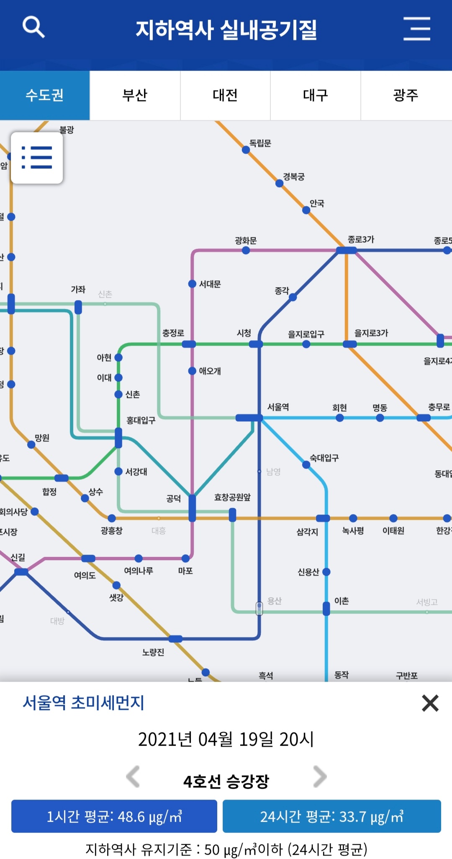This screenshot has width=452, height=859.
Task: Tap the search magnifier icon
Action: click(x=33, y=27)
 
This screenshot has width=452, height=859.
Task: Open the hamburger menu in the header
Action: click(x=416, y=29)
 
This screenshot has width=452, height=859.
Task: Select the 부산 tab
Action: click(x=135, y=95)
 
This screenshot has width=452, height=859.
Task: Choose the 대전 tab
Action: click(x=225, y=95)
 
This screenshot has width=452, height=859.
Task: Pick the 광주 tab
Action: click(x=406, y=95)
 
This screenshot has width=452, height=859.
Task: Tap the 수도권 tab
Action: click(x=45, y=95)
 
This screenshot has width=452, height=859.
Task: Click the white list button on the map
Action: click(x=37, y=158)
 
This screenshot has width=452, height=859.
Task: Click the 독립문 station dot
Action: click(x=246, y=150)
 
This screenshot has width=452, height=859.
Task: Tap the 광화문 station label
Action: click(x=246, y=240)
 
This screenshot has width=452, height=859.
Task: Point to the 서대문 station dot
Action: click(x=192, y=284)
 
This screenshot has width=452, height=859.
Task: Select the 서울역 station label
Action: click(x=278, y=407)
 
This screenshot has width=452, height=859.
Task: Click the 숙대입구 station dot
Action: click(x=306, y=464)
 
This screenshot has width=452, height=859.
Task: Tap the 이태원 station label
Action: click(x=393, y=530)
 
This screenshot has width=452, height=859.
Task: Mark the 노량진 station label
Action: click(x=153, y=652)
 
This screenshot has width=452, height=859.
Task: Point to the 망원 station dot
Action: click(x=31, y=444)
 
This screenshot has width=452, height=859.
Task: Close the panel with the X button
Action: click(x=430, y=703)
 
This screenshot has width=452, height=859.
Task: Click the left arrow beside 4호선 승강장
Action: click(x=133, y=777)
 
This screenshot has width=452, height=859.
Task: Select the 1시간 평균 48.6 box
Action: click(x=114, y=816)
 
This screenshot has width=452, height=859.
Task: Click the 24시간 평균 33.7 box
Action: click(x=331, y=816)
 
